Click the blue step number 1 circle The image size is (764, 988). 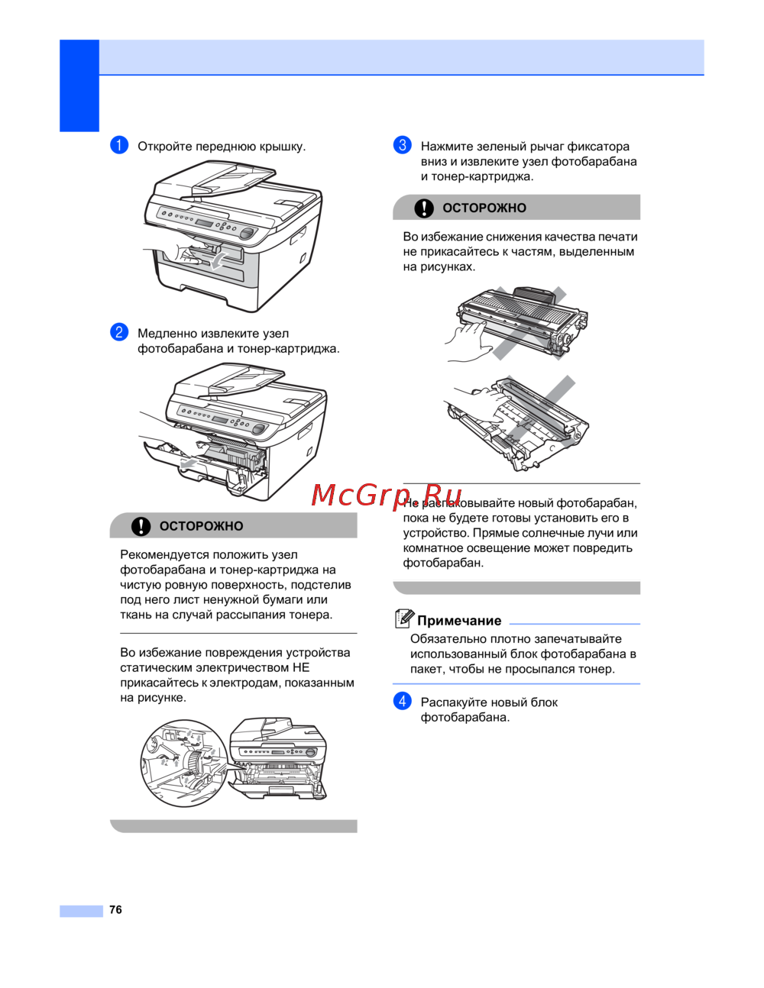119,146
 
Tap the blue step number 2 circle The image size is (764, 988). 119,332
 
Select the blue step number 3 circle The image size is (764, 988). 403,146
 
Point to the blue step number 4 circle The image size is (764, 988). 403,701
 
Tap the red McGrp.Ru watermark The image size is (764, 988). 387,495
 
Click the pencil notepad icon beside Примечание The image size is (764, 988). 404,618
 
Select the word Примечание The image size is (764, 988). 459,621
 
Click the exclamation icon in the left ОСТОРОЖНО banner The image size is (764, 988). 141,526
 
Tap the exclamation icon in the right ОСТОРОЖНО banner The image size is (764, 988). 424,208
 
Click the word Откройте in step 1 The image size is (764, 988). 165,147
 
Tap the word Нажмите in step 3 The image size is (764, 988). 447,147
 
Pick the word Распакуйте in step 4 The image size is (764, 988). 455,702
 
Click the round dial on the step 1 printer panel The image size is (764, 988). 248,234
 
